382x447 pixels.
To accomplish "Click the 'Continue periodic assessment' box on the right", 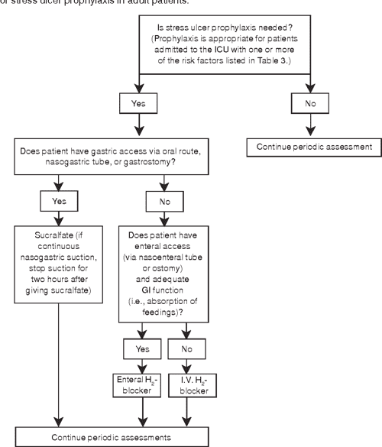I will click(x=313, y=145).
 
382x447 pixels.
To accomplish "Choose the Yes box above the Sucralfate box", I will click(x=59, y=202).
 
